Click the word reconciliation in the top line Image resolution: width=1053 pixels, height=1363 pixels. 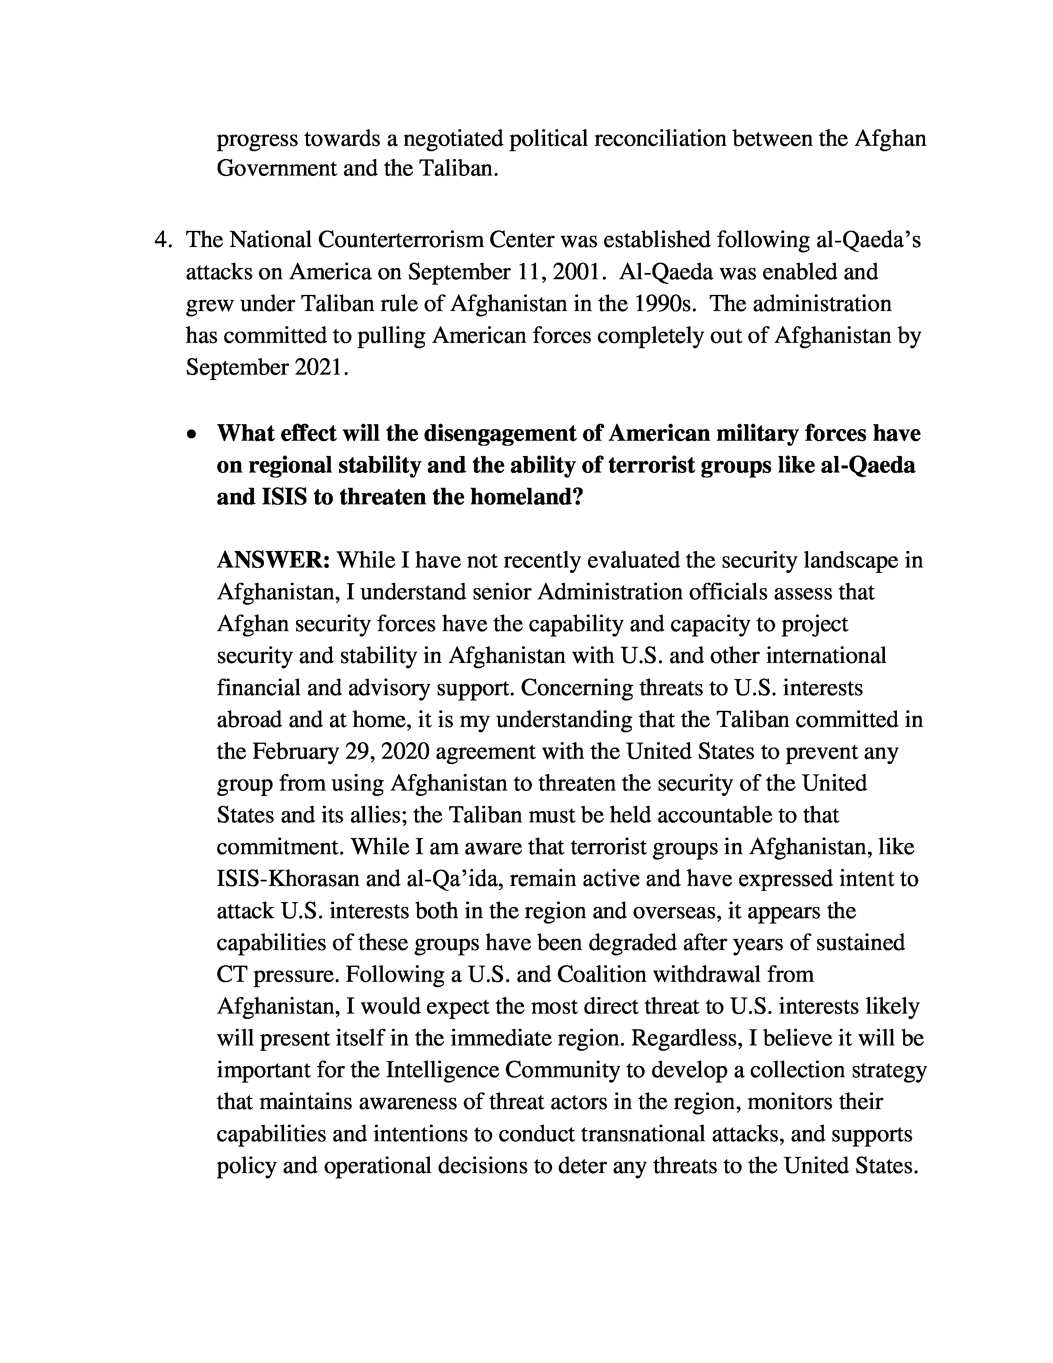660,138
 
